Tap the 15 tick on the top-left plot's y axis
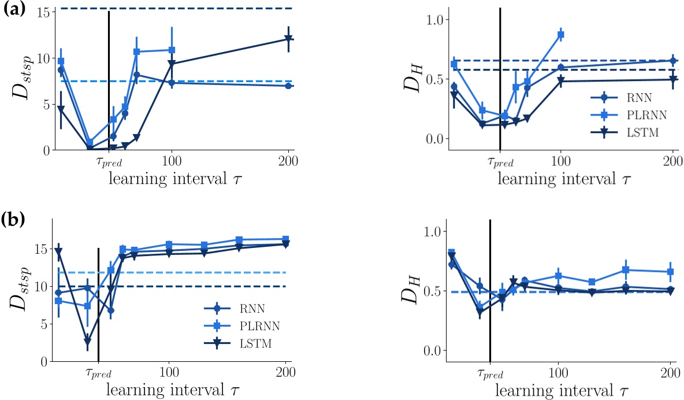click(x=42, y=12)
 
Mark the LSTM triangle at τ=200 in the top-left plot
click(x=288, y=39)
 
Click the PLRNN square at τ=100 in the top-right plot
click(x=560, y=35)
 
